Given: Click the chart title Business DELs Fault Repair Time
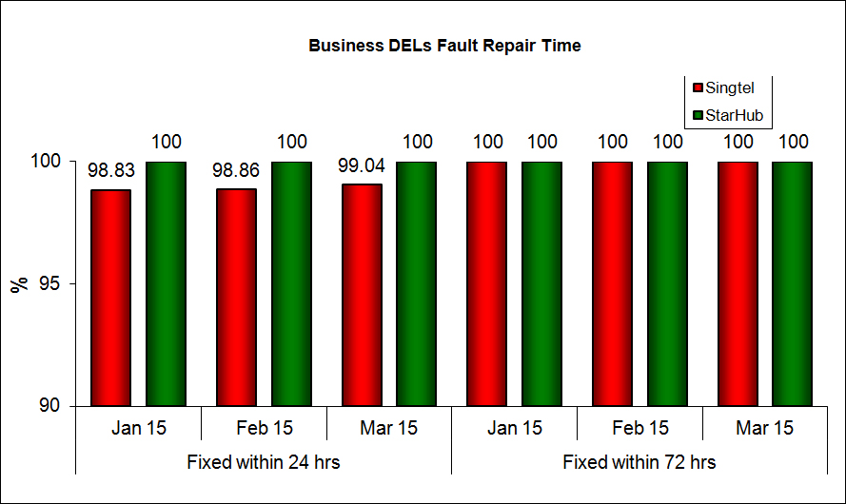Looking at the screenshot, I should (444, 46).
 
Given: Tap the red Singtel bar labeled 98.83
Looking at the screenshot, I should (110, 298).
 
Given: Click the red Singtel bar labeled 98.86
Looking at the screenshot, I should (236, 297).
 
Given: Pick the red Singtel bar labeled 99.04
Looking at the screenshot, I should (362, 295).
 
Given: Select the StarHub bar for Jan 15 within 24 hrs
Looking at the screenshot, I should (166, 283).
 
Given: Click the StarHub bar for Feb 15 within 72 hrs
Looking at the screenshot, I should (667, 283).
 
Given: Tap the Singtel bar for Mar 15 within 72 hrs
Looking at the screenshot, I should (738, 283).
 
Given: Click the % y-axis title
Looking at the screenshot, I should (19, 284).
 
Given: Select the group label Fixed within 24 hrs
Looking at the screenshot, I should (264, 463).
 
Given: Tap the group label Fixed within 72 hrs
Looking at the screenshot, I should (639, 463).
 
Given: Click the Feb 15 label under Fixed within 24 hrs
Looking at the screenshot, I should (264, 428).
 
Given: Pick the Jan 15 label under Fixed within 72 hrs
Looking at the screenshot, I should (514, 428).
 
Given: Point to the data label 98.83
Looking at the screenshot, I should (110, 171).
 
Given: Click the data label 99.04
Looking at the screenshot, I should (362, 165).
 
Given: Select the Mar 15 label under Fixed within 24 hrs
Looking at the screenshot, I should (389, 428).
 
